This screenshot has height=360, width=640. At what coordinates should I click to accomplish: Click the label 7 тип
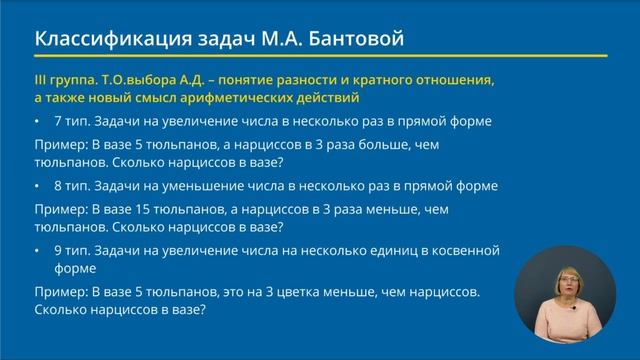click(71, 121)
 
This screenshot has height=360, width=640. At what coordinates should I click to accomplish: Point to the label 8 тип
click(71, 185)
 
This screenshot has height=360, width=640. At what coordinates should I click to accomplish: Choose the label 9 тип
click(71, 250)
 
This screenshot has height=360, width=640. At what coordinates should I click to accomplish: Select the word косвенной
click(467, 250)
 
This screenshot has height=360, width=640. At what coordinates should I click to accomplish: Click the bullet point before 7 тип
click(37, 121)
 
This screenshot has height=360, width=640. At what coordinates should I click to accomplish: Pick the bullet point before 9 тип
click(37, 250)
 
